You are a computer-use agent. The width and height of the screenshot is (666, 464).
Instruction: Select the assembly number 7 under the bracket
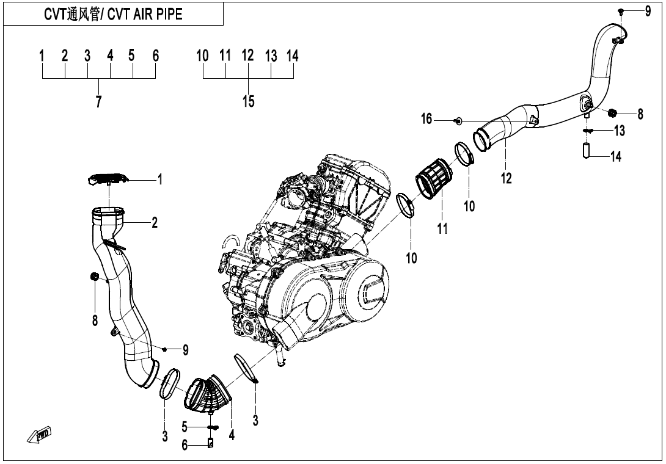98,101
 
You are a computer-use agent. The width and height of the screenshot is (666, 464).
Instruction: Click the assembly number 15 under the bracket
248,101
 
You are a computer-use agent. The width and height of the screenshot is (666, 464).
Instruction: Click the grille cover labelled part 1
108,178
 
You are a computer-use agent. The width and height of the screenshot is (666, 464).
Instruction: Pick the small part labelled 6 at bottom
212,443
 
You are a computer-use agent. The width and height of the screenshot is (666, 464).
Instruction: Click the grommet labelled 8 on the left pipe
95,277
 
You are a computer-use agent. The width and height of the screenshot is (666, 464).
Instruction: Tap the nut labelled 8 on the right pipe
613,112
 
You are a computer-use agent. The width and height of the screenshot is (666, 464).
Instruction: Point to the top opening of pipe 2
108,213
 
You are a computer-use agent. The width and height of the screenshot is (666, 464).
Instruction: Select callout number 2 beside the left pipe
155,223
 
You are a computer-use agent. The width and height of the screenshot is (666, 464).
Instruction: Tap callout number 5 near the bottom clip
183,426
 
